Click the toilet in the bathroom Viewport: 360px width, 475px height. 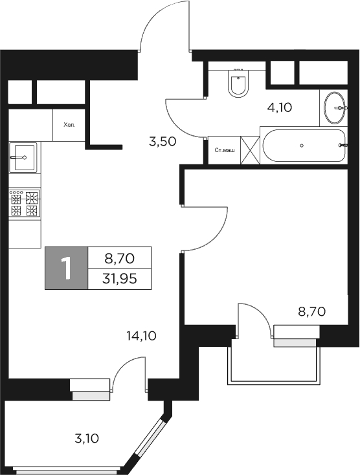point(238,83)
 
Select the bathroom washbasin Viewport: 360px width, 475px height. point(335,108)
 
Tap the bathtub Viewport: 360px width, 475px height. point(303,146)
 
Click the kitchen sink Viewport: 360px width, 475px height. point(23,157)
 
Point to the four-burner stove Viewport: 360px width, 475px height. point(25,203)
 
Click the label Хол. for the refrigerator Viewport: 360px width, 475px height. point(69,125)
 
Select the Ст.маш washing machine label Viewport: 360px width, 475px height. point(224,151)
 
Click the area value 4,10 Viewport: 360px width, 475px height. point(280,107)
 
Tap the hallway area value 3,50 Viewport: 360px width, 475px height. point(163,142)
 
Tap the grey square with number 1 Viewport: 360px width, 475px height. point(65,268)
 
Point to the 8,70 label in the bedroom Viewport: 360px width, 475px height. point(311,311)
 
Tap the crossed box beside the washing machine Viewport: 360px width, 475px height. point(250,151)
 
